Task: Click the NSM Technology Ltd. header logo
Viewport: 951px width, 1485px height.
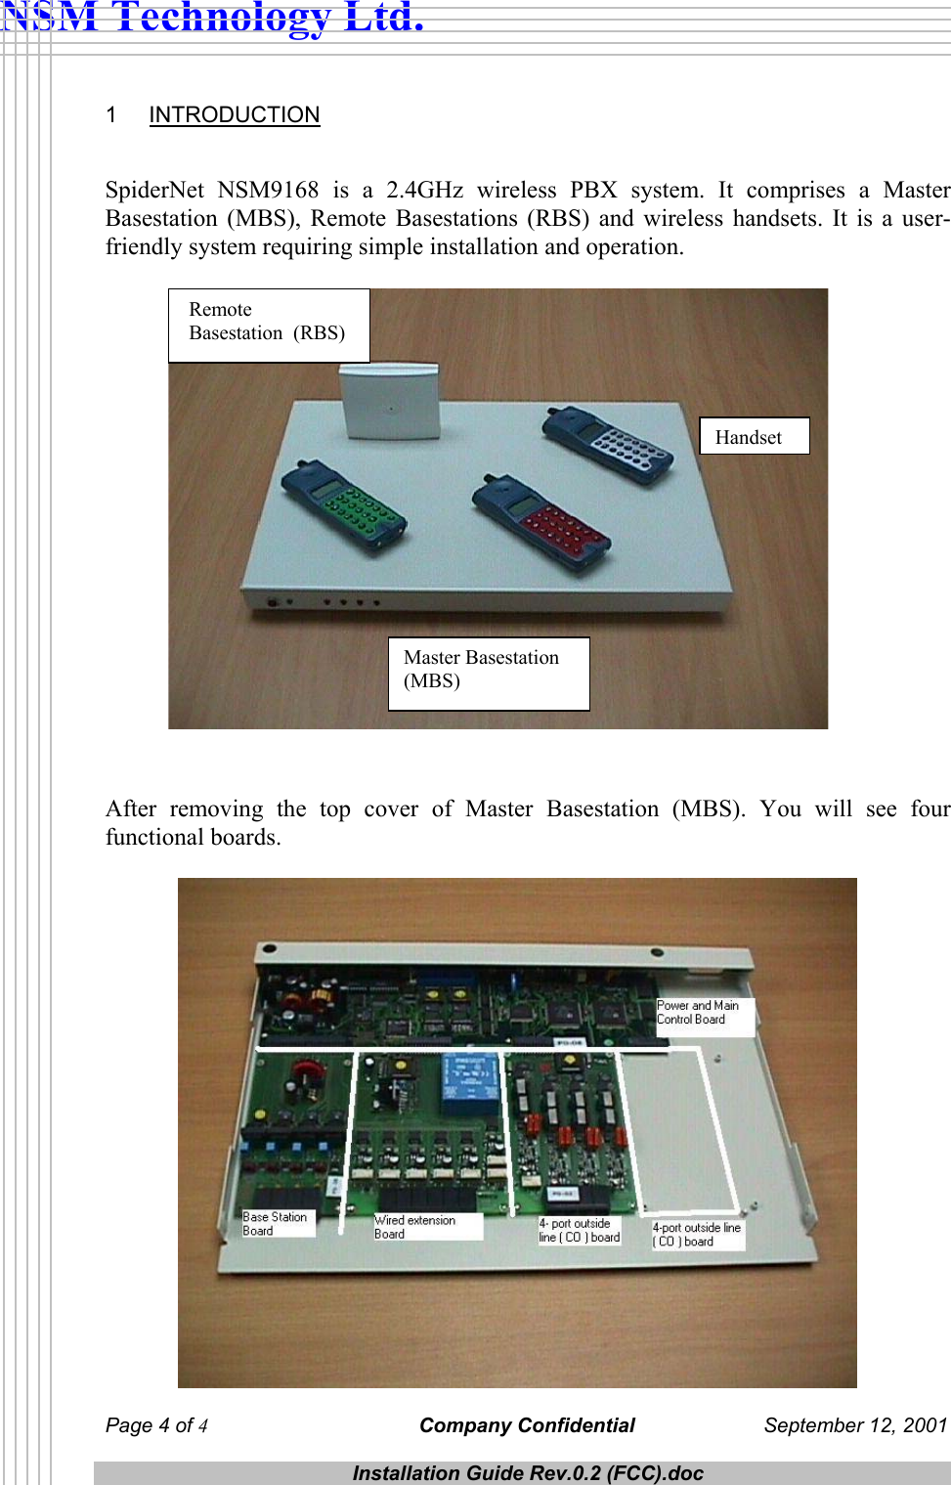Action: [x=212, y=18]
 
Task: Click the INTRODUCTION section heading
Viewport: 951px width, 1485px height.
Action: [x=234, y=115]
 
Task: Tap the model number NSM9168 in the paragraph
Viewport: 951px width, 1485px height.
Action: [x=268, y=190]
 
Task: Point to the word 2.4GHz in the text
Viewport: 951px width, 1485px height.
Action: [x=424, y=190]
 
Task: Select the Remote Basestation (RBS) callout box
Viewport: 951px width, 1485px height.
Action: [x=269, y=326]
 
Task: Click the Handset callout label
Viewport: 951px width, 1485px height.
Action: [x=754, y=437]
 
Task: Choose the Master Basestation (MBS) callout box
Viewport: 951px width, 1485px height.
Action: [x=488, y=673]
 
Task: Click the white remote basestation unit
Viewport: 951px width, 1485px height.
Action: [x=389, y=401]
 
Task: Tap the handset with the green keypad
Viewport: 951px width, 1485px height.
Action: [x=343, y=504]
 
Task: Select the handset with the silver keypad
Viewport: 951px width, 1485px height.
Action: [x=608, y=445]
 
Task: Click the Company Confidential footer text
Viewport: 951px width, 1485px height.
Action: [x=527, y=1425]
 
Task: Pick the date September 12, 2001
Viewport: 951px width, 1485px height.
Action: [x=855, y=1425]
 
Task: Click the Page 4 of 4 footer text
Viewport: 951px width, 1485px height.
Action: [x=156, y=1425]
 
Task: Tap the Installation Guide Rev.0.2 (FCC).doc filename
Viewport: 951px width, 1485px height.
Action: [x=528, y=1473]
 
